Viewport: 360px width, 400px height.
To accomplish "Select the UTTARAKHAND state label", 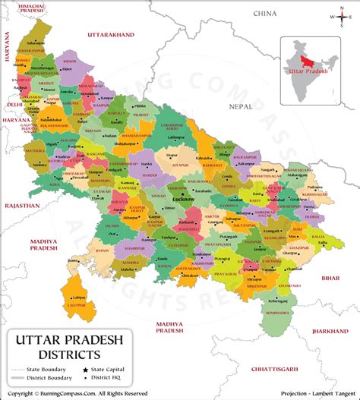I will point(111,35).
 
